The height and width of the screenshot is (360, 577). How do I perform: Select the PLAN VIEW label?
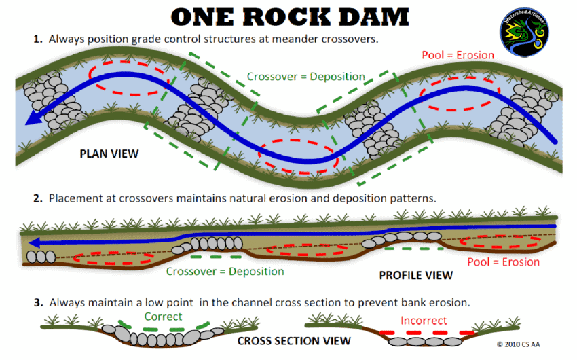pyautogui.click(x=109, y=154)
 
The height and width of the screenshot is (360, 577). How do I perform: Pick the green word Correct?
pyautogui.click(x=163, y=317)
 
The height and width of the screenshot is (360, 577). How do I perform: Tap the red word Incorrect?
pyautogui.click(x=424, y=320)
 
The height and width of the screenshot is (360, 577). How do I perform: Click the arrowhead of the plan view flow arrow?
pyautogui.click(x=29, y=121)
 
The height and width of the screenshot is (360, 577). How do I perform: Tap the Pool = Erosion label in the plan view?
pyautogui.click(x=458, y=54)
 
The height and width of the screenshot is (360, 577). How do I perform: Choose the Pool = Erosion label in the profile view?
pyautogui.click(x=504, y=262)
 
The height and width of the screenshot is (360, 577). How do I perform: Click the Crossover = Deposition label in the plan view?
pyautogui.click(x=305, y=77)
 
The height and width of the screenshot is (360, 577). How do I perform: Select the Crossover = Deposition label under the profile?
pyautogui.click(x=225, y=271)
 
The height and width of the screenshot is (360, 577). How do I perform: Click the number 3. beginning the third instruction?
pyautogui.click(x=39, y=301)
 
